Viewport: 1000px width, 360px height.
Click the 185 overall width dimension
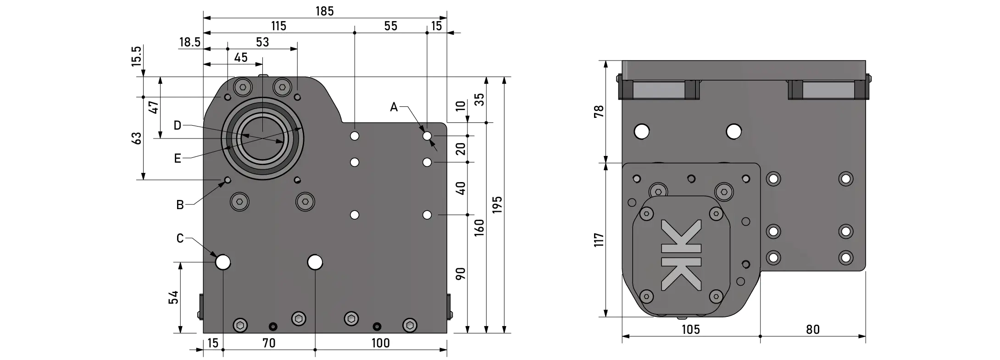pos(324,11)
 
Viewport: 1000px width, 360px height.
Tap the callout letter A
pos(394,107)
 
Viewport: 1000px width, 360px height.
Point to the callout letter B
pos(180,205)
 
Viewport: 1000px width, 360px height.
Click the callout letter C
pos(180,238)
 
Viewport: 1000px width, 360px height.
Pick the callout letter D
pos(178,125)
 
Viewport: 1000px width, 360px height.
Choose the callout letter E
pos(178,159)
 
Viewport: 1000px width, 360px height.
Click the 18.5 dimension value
pos(189,43)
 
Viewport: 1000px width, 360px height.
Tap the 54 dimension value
pos(174,297)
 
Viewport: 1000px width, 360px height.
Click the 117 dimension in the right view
pos(599,240)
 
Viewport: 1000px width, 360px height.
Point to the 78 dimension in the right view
pos(599,111)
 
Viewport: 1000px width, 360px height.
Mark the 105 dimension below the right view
pos(690,329)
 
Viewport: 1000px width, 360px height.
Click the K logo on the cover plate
pos(681,255)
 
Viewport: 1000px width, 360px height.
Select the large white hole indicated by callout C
pos(223,262)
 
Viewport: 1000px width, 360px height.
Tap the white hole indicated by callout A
pos(427,136)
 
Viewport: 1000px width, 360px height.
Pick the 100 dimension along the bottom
pos(380,343)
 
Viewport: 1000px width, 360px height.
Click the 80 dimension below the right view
pos(812,329)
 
